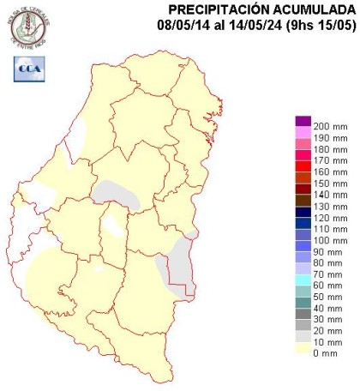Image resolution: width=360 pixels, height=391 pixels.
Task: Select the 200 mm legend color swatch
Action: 300,125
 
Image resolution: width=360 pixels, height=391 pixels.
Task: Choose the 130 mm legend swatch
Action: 300,209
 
